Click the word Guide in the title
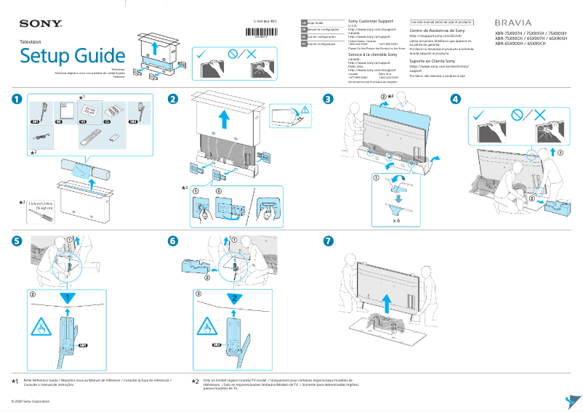(x=100, y=55)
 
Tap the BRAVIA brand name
(x=514, y=23)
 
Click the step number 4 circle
(x=455, y=100)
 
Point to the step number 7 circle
(x=329, y=240)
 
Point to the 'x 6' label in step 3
(x=397, y=219)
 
